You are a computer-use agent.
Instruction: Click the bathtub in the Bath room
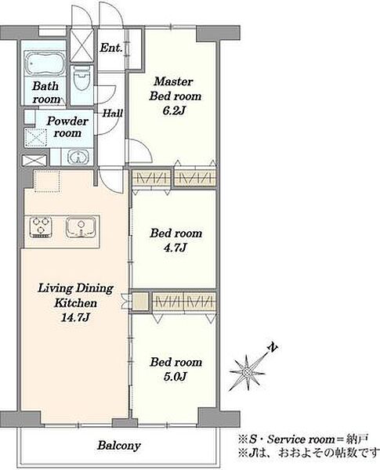[45, 63]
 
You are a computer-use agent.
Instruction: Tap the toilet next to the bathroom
[82, 78]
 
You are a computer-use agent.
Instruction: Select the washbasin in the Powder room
[78, 157]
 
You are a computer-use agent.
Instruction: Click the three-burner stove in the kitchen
[41, 227]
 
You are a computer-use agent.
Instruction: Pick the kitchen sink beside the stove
[81, 227]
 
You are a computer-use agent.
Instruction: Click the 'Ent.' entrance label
[111, 47]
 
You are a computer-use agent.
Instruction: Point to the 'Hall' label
[113, 113]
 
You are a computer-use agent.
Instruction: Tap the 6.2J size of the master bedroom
[174, 110]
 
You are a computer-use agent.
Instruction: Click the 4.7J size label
[176, 248]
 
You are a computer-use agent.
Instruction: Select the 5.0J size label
[176, 377]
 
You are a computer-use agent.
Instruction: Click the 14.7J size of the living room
[75, 317]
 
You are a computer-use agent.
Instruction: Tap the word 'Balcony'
[119, 446]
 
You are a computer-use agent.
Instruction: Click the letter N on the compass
[273, 347]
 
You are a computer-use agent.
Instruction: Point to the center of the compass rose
[247, 372]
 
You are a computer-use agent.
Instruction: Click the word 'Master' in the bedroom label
[174, 81]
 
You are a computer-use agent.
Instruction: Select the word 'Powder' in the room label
[67, 121]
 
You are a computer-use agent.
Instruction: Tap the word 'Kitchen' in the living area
[75, 303]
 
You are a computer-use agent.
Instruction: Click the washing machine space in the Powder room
[36, 138]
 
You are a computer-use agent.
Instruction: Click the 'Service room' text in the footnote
[301, 439]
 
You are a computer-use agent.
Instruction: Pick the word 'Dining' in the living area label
[94, 288]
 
